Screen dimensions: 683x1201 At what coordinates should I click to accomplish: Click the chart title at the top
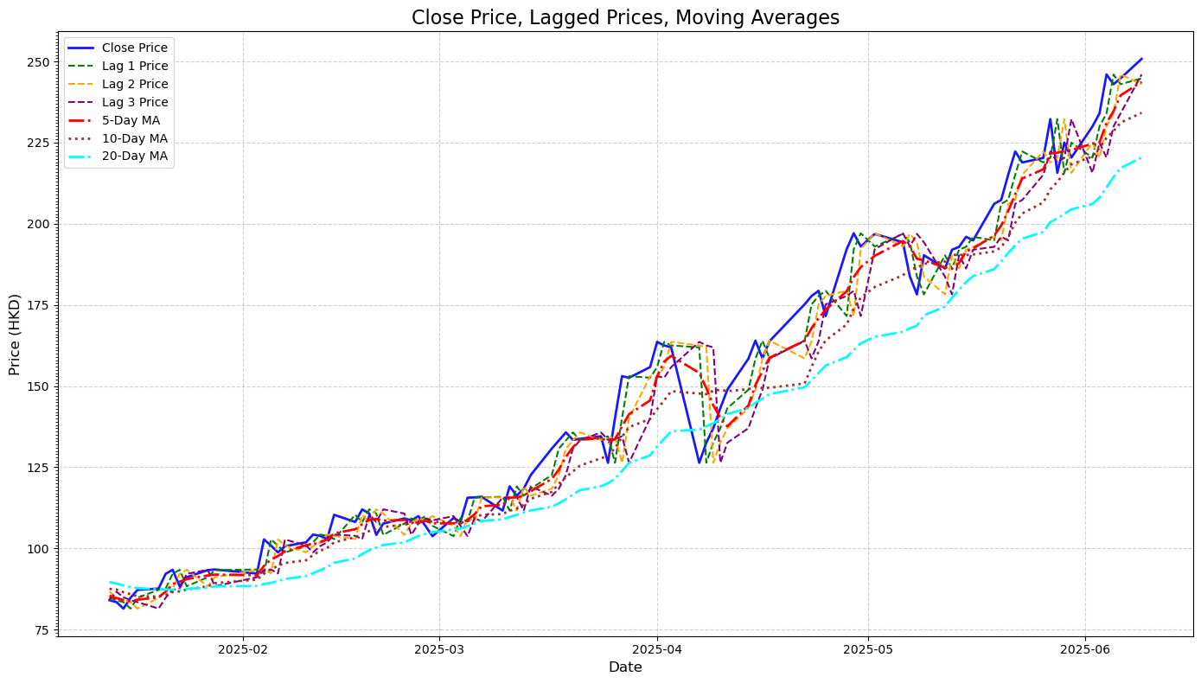(x=625, y=17)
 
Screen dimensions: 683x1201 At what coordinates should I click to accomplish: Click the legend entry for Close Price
(x=134, y=48)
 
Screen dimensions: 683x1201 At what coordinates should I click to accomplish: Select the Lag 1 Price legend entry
(x=134, y=67)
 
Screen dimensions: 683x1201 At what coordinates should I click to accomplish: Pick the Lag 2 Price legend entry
(x=134, y=85)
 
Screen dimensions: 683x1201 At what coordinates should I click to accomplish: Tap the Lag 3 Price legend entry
(x=134, y=103)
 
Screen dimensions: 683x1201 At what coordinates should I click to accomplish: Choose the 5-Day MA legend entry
(x=131, y=121)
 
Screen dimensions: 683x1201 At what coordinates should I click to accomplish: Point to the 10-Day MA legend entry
(x=134, y=139)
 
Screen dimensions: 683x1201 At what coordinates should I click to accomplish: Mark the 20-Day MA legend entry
(x=134, y=157)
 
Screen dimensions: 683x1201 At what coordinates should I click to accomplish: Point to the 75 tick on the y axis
(x=42, y=630)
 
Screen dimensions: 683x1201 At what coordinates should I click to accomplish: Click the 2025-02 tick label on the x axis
(x=243, y=648)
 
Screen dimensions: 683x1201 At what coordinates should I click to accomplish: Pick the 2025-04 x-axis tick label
(x=656, y=648)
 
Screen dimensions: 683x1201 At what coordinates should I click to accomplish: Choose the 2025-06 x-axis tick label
(x=1085, y=648)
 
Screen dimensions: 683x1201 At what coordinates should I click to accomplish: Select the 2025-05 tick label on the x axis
(x=868, y=648)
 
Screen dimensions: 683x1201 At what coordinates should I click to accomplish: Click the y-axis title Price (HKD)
(x=15, y=335)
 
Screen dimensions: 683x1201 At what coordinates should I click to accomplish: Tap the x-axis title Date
(x=625, y=667)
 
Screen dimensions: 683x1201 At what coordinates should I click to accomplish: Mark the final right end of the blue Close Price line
(x=1141, y=59)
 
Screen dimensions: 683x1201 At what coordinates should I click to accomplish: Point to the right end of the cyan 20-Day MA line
(x=1141, y=157)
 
